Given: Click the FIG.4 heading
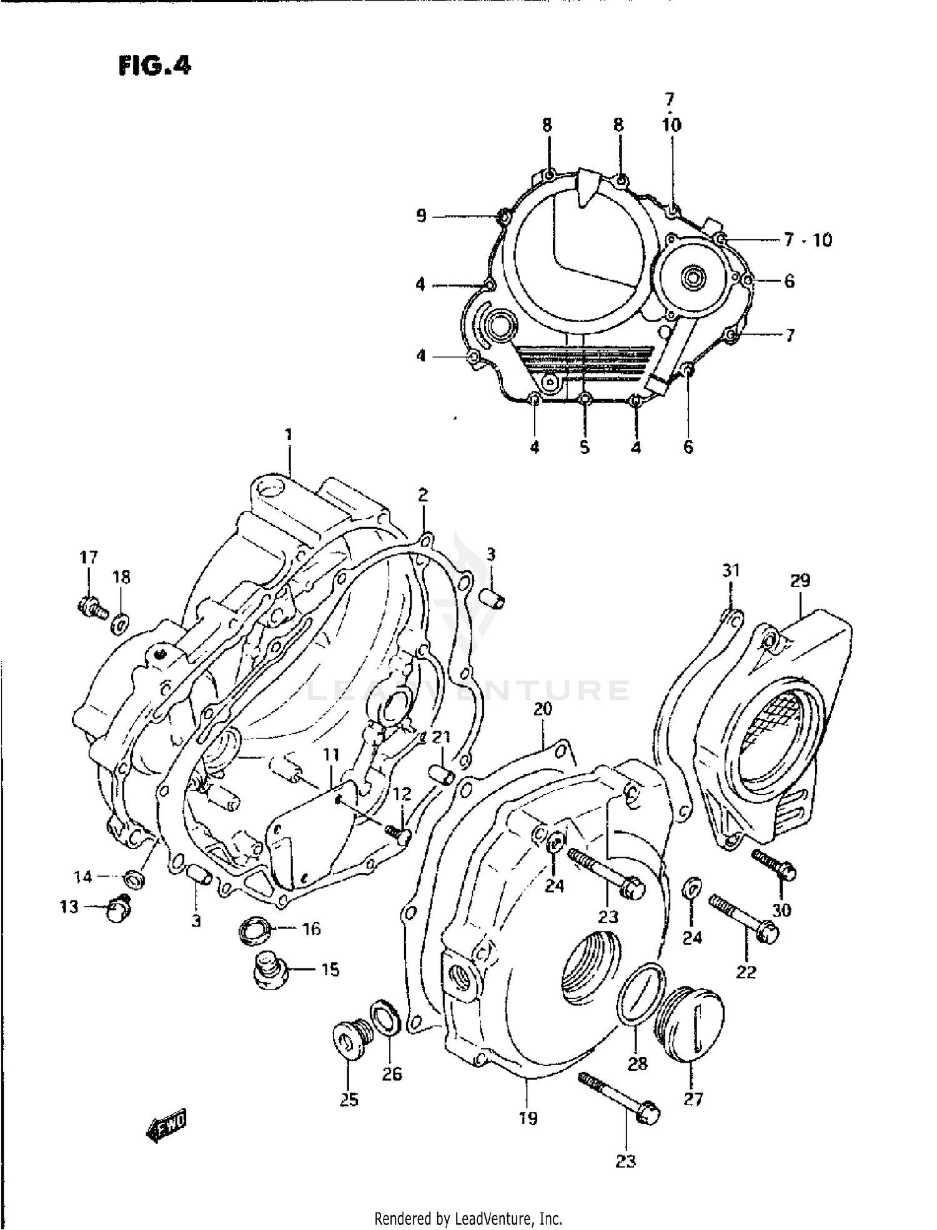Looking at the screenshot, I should (x=154, y=66).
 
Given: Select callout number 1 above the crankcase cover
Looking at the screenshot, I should (x=289, y=435).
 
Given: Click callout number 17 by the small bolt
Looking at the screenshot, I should (x=89, y=556).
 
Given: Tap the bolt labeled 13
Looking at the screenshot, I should (x=119, y=908).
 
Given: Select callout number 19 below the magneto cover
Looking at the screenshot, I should (x=528, y=1118).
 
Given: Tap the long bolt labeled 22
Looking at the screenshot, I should (x=745, y=920).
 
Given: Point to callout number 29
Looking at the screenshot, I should (x=800, y=581).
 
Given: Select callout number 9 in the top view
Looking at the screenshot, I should (x=421, y=216).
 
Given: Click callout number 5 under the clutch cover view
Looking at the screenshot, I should (x=584, y=447).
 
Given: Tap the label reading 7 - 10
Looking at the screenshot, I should (x=808, y=240).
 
